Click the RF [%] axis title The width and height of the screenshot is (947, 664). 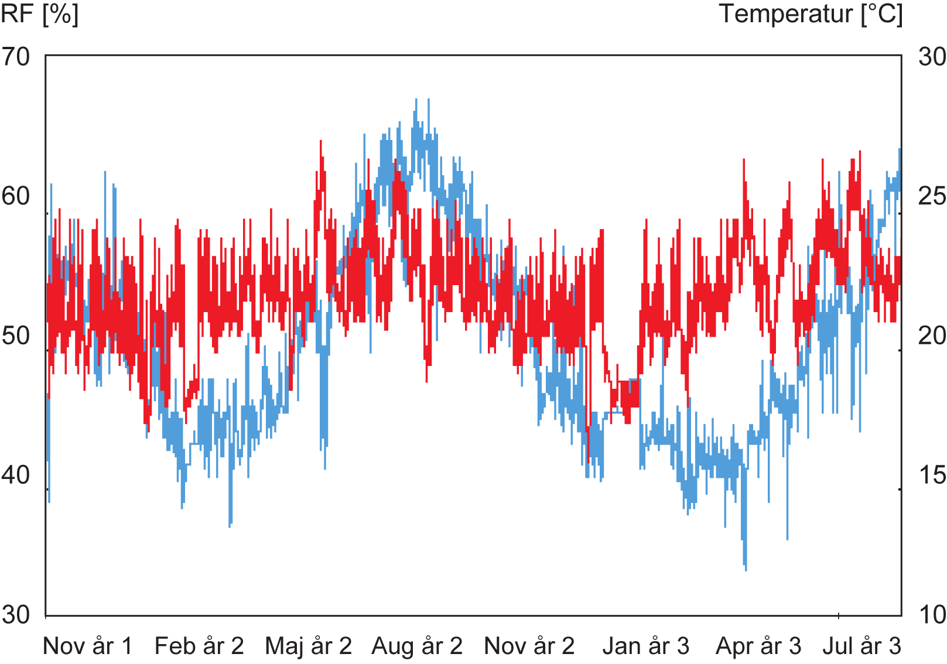click(x=39, y=14)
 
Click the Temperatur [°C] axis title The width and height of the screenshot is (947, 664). click(x=811, y=14)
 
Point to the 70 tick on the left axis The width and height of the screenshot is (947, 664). click(x=16, y=57)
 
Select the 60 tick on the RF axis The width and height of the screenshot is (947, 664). click(x=16, y=196)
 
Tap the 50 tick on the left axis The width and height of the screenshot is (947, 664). click(x=16, y=336)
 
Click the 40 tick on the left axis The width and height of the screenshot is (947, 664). click(x=16, y=475)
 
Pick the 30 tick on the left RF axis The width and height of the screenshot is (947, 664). click(x=16, y=614)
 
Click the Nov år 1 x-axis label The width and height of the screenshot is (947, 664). click(x=88, y=646)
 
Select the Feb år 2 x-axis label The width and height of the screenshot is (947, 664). click(x=199, y=646)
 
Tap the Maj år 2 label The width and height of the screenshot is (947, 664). click(x=309, y=646)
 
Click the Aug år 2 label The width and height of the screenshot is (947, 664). click(x=417, y=646)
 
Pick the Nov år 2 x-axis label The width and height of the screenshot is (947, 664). click(x=529, y=646)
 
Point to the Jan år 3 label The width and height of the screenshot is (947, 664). click(x=646, y=646)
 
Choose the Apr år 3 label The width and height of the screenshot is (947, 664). click(x=758, y=646)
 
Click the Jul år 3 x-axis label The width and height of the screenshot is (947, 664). click(x=861, y=646)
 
